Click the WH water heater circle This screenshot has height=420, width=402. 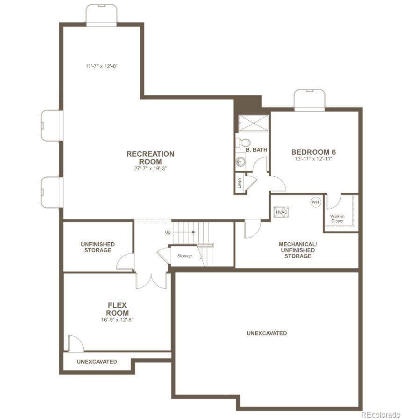tap(315, 202)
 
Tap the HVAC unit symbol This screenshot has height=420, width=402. tap(281, 212)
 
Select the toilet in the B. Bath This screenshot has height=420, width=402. tap(243, 143)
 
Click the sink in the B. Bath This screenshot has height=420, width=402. tap(241, 161)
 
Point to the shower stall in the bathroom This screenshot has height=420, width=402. tap(253, 123)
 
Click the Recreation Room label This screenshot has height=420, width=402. tap(151, 158)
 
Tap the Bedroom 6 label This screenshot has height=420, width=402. tap(313, 152)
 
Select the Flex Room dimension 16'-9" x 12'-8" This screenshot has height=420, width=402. tap(117, 319)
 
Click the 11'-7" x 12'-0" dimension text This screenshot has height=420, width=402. tap(102, 66)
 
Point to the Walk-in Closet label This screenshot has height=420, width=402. tap(337, 218)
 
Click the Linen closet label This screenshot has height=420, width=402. tap(239, 183)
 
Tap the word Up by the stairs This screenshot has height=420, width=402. tap(168, 232)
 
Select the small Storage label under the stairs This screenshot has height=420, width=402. tap(185, 256)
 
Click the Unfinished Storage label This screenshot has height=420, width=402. tap(98, 247)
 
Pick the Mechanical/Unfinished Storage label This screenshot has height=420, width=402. tap(298, 250)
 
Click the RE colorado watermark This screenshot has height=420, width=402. tap(381, 415)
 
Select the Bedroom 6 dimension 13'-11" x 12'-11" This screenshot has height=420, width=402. tap(313, 159)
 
